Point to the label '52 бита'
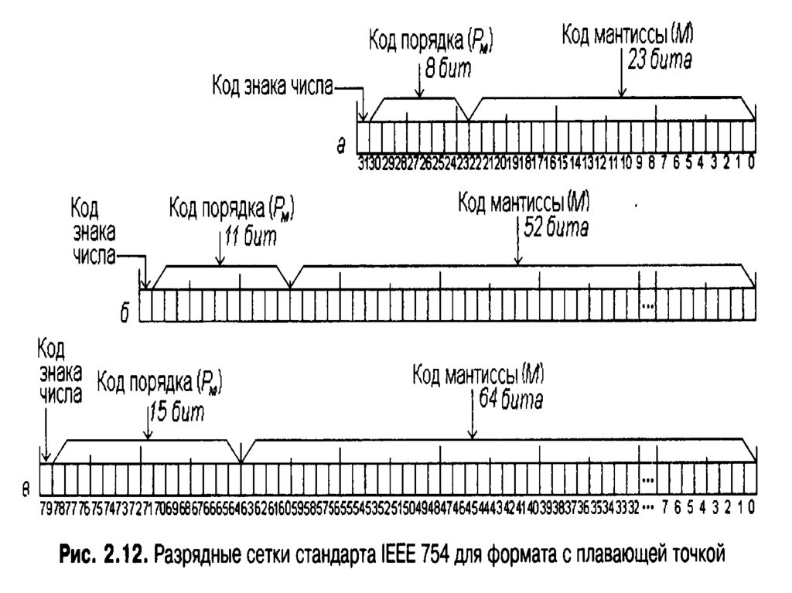tap(556, 230)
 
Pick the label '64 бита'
tap(510, 401)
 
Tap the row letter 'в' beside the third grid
tap(26, 489)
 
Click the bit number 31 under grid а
tap(362, 163)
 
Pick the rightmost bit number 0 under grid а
tap(752, 163)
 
